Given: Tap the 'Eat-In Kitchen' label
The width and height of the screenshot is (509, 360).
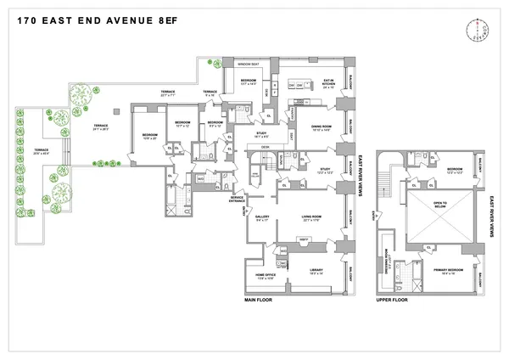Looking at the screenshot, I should coord(326,83).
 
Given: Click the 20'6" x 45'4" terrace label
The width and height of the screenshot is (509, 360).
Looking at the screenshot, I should coord(41,153).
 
